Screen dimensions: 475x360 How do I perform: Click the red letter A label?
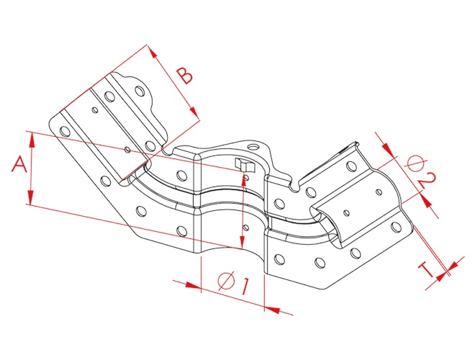19,164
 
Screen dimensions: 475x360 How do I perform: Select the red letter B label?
184,76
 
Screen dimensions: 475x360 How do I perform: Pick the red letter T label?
426,269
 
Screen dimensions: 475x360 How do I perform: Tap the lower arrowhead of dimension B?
194,112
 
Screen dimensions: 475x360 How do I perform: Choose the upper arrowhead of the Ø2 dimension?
389,149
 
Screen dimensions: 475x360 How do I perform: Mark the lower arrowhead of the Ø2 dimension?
426,201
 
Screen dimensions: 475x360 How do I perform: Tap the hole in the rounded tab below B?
140,91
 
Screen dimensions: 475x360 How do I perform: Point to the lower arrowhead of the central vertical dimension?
242,241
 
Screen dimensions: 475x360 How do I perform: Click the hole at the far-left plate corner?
65,131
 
